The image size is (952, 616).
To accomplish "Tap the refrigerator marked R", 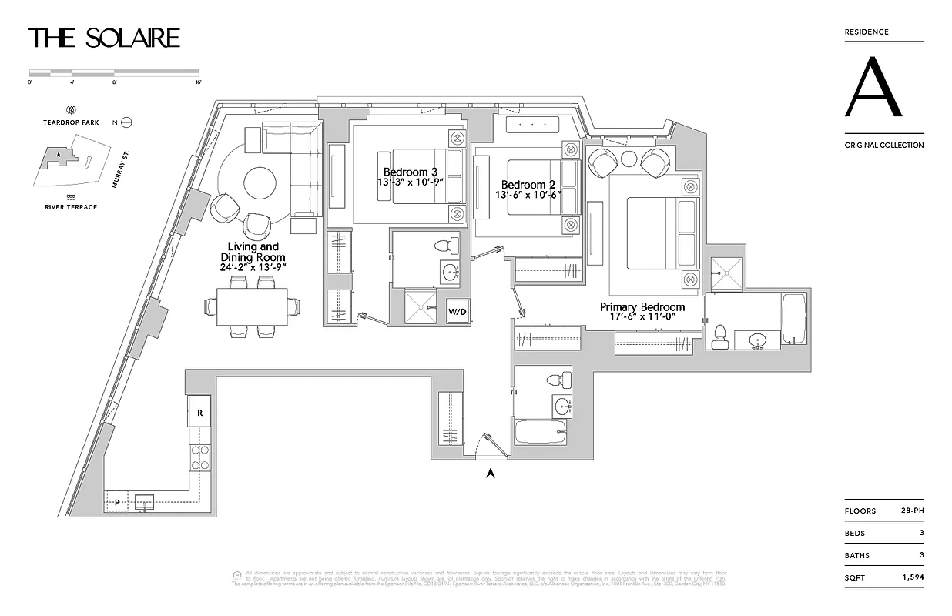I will point(199,412).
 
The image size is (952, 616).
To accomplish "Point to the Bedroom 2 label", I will point(528,185).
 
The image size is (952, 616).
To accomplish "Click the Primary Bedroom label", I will point(642,307).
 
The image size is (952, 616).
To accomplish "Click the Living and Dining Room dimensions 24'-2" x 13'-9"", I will point(253,267).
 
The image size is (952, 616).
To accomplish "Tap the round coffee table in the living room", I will point(260,184).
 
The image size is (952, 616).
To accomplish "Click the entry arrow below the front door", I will point(489,473).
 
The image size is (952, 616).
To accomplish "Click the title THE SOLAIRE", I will point(104,38).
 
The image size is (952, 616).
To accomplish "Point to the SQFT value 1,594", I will point(911,577).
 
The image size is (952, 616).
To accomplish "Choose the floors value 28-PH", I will point(912,511).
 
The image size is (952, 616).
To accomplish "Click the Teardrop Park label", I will point(72,122).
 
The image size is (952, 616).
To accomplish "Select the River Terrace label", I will point(71,207).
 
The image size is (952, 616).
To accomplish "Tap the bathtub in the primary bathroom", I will point(793,320).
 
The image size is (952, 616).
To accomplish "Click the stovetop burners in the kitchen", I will point(199,459).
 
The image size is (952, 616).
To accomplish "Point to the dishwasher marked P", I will point(116,502).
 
